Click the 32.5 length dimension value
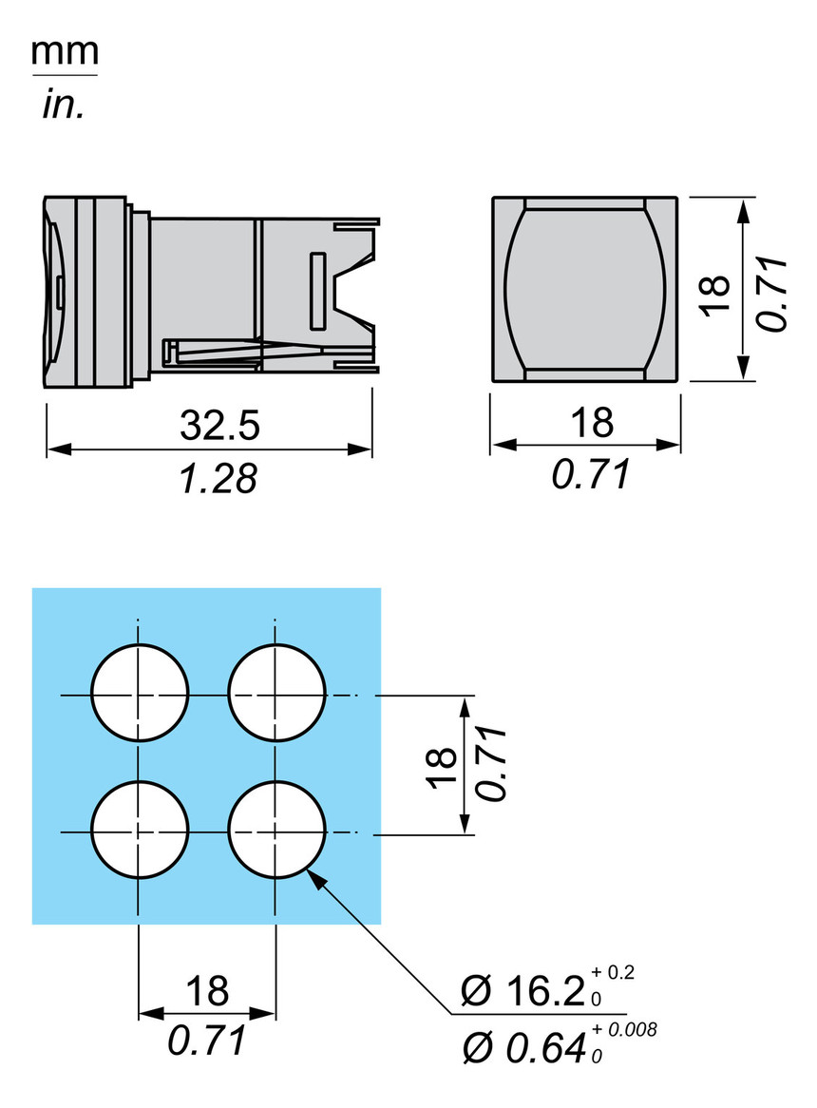click(218, 425)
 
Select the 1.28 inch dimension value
click(218, 478)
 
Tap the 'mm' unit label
click(65, 55)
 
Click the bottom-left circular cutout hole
click(140, 831)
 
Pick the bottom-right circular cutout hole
click(276, 831)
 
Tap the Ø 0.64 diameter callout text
click(522, 1048)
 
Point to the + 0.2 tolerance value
click(614, 972)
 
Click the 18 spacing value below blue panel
click(207, 991)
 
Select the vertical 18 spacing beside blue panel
click(440, 768)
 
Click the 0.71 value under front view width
click(590, 473)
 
